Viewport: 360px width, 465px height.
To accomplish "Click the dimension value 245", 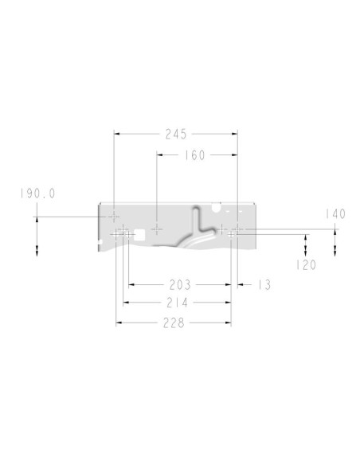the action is pyautogui.click(x=176, y=134).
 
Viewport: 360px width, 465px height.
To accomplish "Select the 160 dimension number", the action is pyautogui.click(x=195, y=155).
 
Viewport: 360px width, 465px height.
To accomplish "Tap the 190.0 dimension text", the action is pyautogui.click(x=37, y=193).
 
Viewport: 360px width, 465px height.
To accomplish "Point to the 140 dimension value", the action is pyautogui.click(x=335, y=214).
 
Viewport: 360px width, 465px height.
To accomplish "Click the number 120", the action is pyautogui.click(x=306, y=265).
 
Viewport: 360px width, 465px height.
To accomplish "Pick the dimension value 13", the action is pyautogui.click(x=264, y=285).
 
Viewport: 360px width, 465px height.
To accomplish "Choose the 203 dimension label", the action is pyautogui.click(x=180, y=285).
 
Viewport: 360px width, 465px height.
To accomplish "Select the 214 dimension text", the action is pyautogui.click(x=178, y=303).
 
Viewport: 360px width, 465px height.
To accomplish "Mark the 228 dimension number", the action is pyautogui.click(x=174, y=322).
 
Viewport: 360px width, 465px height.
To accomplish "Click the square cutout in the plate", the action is pyautogui.click(x=139, y=234).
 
